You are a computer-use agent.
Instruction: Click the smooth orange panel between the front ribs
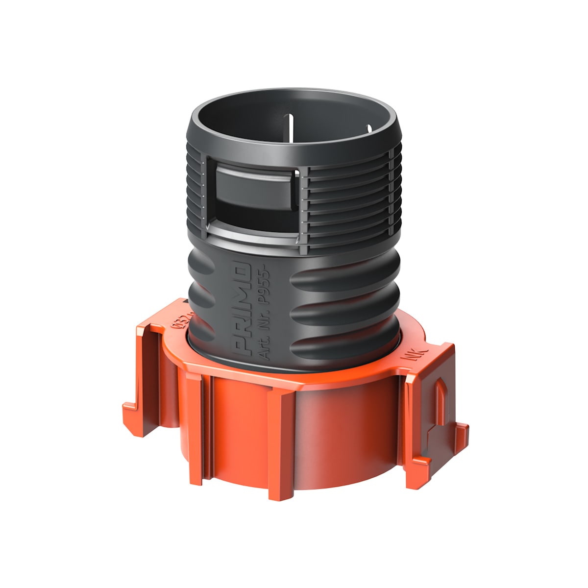pyautogui.click(x=245, y=431)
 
